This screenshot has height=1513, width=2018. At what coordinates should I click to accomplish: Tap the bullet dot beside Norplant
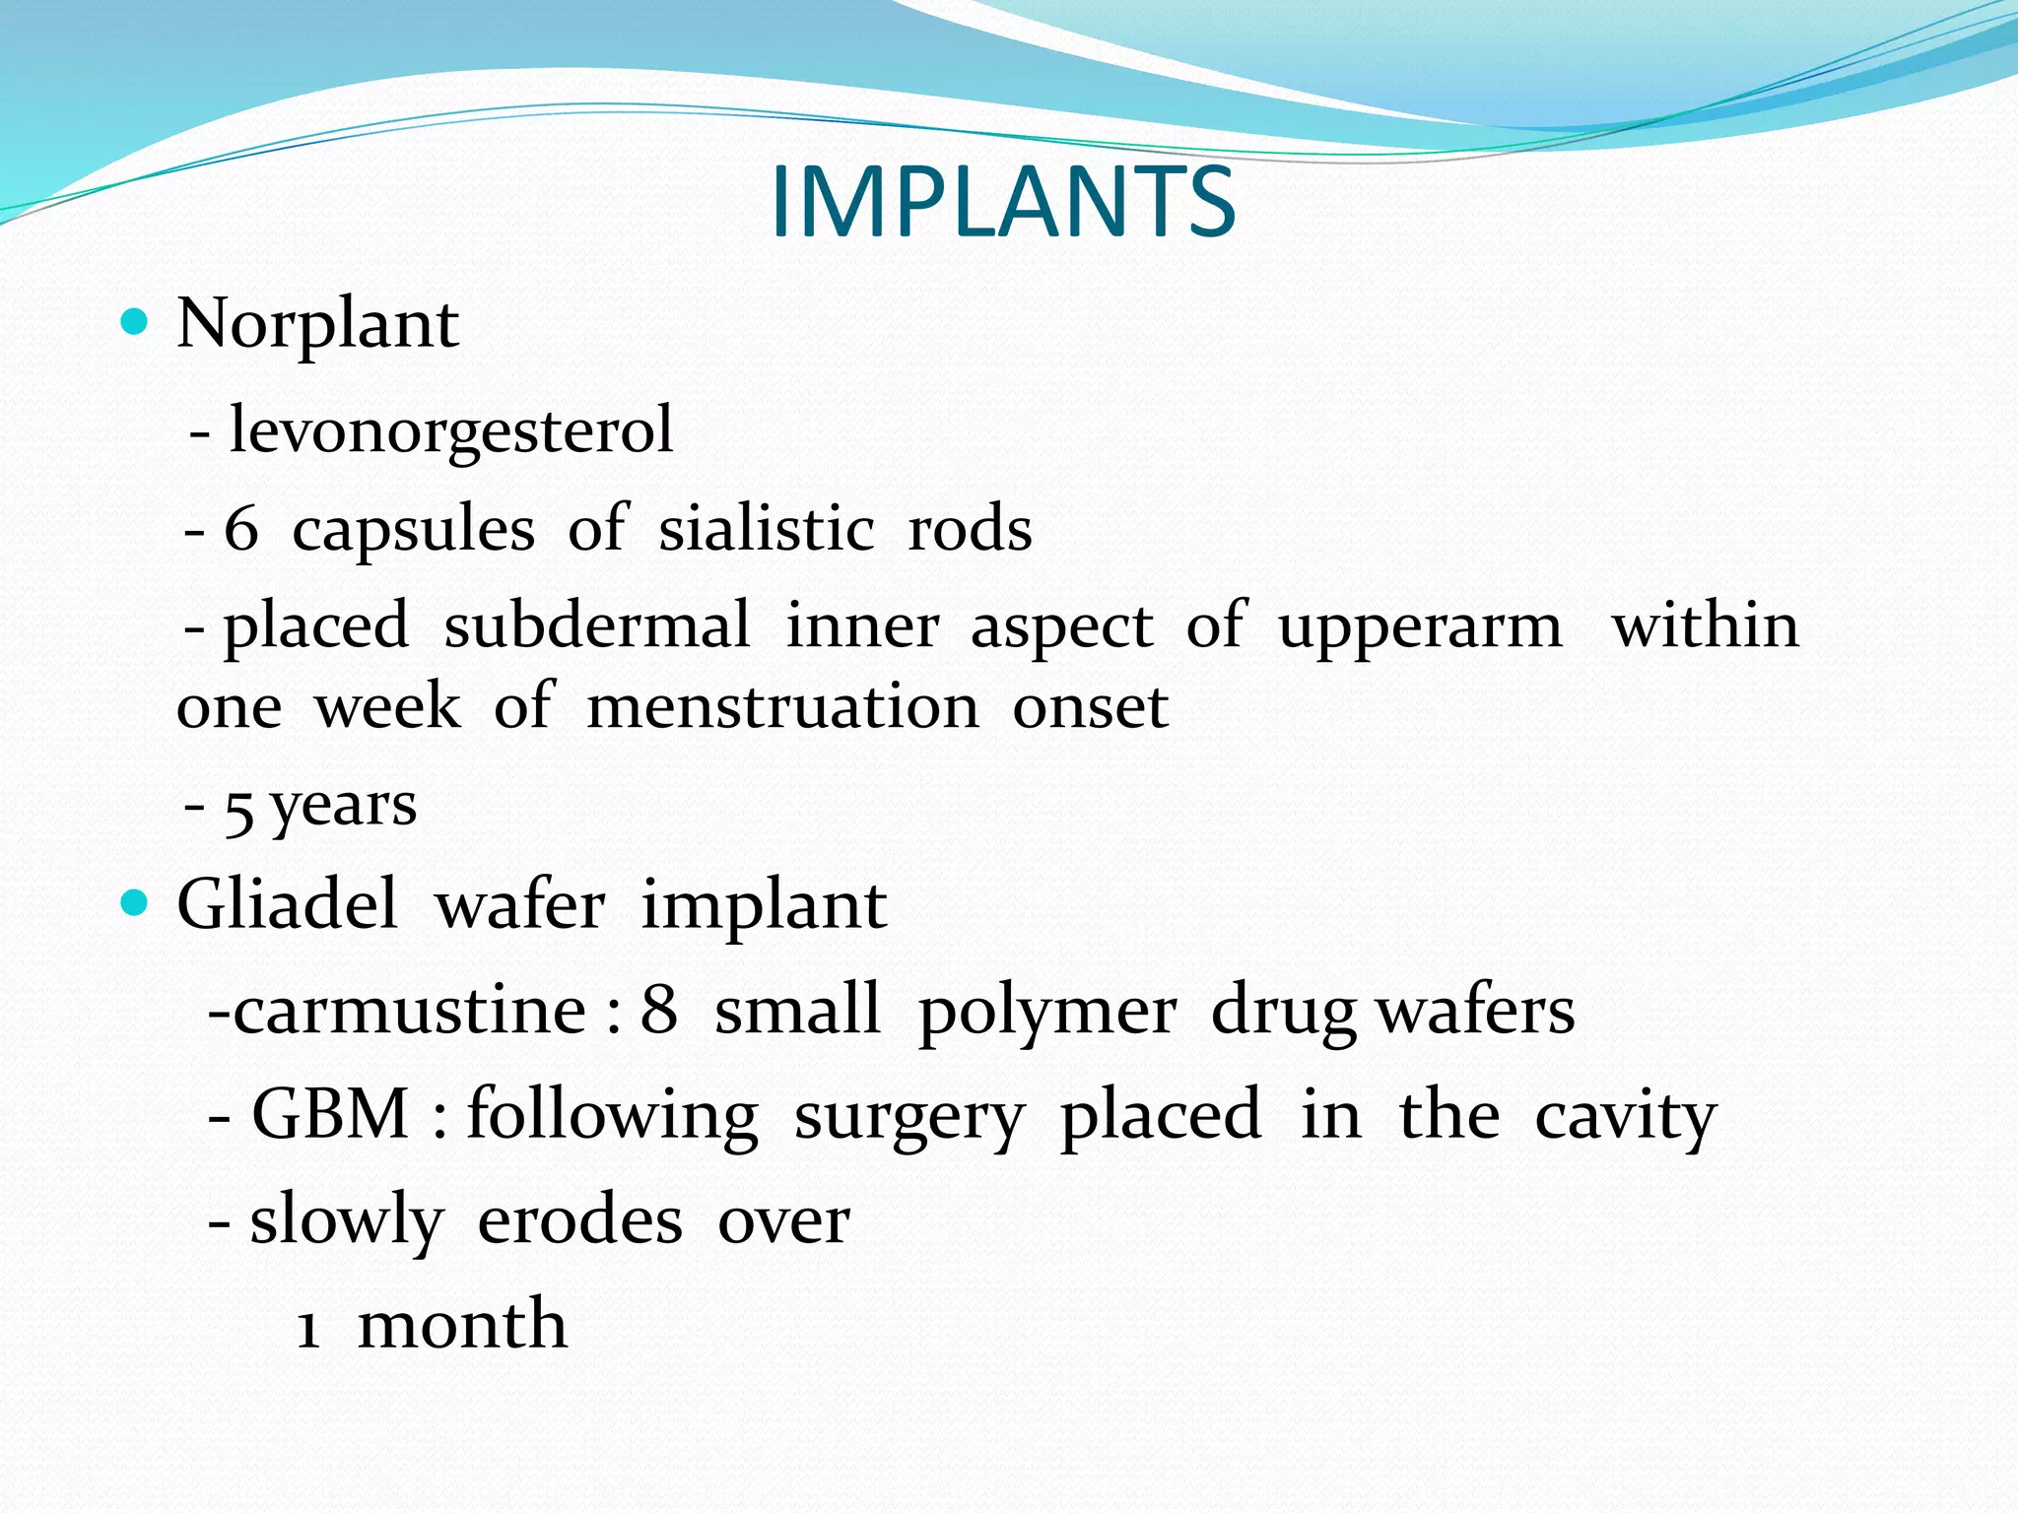click(133, 322)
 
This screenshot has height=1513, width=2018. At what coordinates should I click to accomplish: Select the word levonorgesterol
click(451, 430)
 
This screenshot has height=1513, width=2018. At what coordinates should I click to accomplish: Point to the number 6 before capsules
click(241, 529)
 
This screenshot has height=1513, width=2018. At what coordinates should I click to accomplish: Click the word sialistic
click(766, 529)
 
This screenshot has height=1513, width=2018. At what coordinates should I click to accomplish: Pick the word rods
click(970, 529)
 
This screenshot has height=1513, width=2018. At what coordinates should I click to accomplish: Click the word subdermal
click(597, 626)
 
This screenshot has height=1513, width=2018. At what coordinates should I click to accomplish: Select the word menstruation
click(782, 707)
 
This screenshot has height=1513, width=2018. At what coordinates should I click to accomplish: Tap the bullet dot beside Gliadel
click(133, 902)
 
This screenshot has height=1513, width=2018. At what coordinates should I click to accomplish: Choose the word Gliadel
click(287, 904)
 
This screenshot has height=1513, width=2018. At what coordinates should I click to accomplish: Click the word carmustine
click(410, 1011)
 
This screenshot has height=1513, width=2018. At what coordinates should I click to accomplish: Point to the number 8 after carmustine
click(659, 1011)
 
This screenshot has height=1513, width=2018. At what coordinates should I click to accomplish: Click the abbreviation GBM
click(330, 1115)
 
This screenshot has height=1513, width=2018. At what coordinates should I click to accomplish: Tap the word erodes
click(579, 1221)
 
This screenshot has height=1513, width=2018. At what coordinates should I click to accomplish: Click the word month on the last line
click(462, 1324)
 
